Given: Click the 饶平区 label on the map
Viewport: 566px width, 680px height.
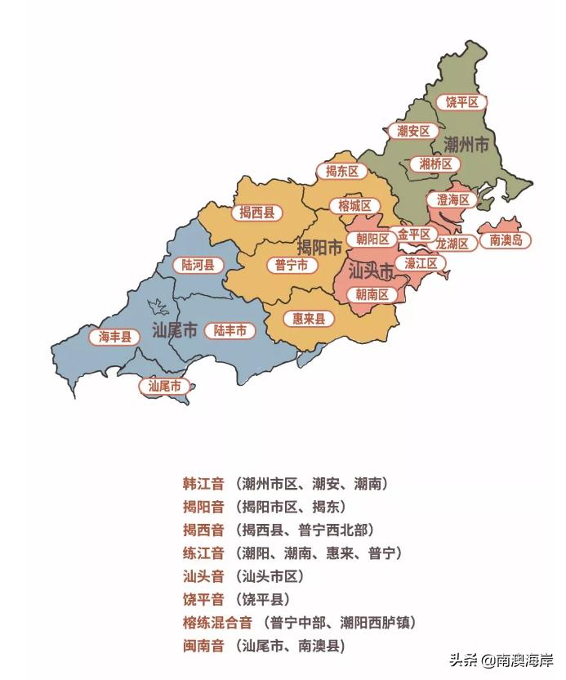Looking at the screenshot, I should point(461,102).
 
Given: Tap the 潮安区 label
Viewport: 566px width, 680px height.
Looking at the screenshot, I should point(413,131).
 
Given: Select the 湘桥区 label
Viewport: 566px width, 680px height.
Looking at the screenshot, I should point(435,163).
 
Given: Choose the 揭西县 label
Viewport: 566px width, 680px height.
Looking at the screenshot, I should point(256,212).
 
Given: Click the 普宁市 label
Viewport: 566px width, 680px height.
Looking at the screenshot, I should point(292,265).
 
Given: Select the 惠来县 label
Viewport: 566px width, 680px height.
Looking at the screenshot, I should point(309,318).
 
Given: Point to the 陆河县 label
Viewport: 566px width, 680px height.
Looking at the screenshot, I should point(198,265).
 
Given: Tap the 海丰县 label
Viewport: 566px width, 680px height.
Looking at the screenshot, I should point(115,336).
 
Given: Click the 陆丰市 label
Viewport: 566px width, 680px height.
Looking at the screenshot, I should point(230,330).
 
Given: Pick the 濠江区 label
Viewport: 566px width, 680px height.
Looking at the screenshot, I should point(421,263).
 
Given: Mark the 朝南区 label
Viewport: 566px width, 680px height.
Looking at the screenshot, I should point(372,294).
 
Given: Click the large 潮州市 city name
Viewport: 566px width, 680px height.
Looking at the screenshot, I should point(466,145).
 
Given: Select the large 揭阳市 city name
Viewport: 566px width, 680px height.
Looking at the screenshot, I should point(319,247).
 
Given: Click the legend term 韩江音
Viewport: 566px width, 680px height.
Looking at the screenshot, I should point(203,484).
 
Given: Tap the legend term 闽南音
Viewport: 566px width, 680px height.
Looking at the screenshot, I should point(203,646).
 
